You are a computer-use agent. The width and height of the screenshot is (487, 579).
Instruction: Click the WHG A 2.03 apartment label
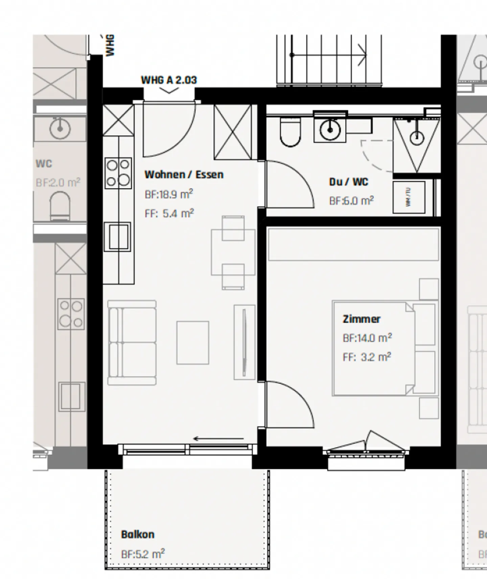169,80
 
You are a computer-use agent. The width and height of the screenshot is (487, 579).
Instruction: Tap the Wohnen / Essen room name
184,175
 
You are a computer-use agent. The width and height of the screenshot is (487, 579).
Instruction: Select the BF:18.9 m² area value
169,194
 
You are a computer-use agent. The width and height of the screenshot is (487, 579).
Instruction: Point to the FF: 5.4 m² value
169,213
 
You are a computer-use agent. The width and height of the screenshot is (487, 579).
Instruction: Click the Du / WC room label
348,182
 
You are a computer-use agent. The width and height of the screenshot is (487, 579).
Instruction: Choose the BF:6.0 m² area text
351,201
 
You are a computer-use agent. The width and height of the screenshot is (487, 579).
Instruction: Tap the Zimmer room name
362,319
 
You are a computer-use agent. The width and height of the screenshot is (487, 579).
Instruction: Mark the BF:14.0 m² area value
367,338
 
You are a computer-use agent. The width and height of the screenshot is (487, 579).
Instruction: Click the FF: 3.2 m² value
367,357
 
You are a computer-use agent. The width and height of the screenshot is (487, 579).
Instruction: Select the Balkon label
138,534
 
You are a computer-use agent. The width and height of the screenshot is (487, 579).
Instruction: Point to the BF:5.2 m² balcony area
143,554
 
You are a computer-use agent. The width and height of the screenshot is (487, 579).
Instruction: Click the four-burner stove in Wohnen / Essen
118,173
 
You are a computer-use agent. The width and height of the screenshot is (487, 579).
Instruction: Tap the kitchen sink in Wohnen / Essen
117,236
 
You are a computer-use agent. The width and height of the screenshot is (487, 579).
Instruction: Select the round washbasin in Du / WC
330,129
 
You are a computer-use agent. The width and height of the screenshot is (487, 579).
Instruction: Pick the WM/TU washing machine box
409,197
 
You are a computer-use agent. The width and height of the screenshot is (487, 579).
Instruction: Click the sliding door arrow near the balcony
218,439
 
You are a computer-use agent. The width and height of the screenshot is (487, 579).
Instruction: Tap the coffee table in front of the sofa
192,343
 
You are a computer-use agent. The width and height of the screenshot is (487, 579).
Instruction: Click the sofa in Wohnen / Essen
132,343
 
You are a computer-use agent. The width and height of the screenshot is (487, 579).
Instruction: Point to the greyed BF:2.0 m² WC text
58,183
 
